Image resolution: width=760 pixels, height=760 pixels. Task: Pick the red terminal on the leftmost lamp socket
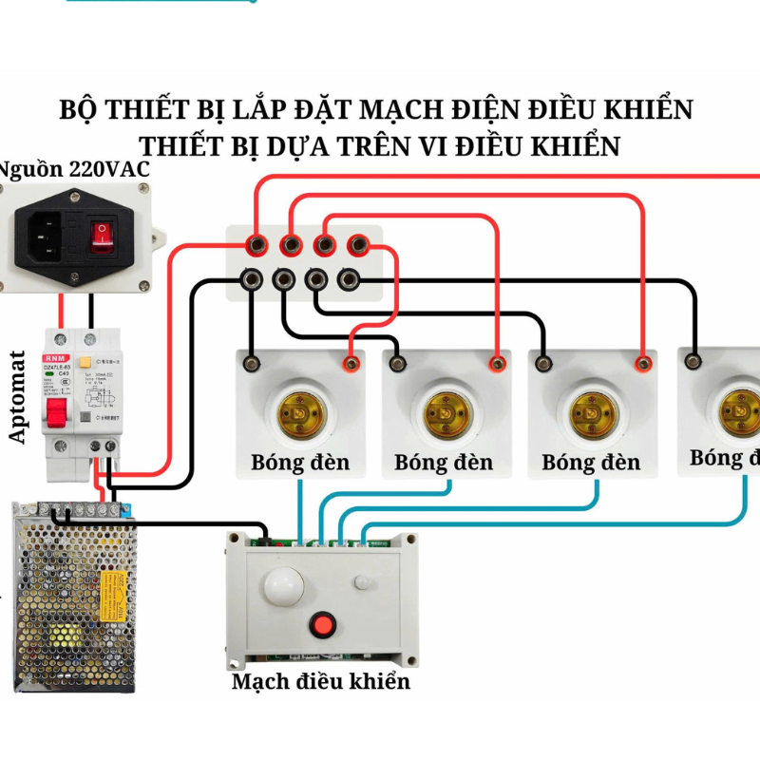pyautogui.click(x=351, y=362)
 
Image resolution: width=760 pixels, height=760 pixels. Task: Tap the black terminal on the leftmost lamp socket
pyautogui.click(x=252, y=362)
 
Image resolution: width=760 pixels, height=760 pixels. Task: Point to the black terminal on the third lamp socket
pyautogui.click(x=543, y=362)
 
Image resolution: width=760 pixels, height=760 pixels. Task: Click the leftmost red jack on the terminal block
pyautogui.click(x=256, y=245)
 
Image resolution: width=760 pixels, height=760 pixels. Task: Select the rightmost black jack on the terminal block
pyautogui.click(x=350, y=279)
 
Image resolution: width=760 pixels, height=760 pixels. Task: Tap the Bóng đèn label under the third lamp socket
pyautogui.click(x=591, y=463)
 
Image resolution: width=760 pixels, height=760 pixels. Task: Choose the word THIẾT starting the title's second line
pyautogui.click(x=184, y=147)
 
